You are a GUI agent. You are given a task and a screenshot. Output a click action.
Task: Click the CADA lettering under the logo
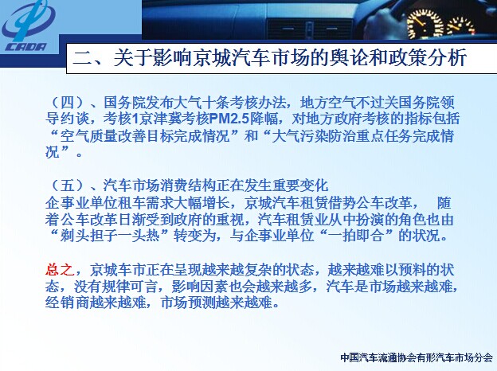(25, 47)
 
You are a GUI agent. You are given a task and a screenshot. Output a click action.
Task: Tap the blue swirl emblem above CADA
(29, 19)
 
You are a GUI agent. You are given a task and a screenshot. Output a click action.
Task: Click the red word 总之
(60, 270)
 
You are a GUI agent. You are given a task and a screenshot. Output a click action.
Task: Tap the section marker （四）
(67, 103)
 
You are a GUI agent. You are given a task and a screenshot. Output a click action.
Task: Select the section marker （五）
(67, 185)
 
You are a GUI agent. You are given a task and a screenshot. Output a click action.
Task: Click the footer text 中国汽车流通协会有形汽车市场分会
(417, 357)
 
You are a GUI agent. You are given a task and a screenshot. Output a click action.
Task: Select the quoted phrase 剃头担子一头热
(110, 236)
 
